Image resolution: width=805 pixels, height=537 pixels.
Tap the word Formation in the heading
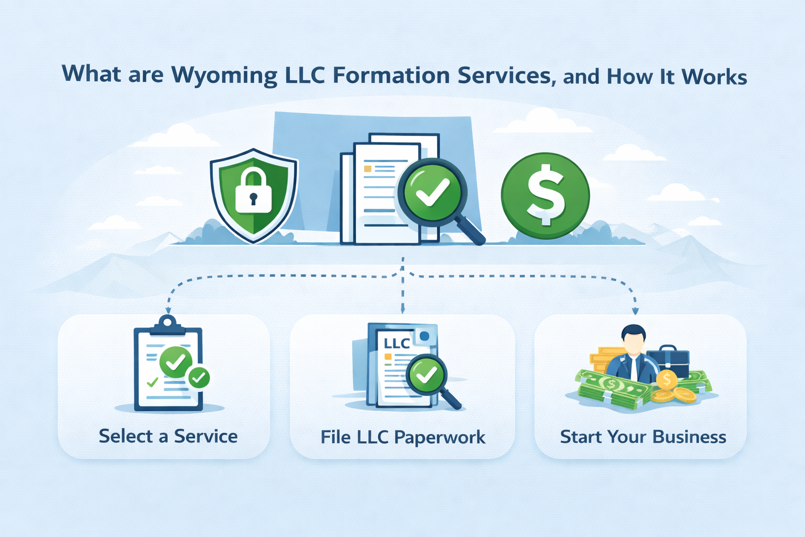coord(391,76)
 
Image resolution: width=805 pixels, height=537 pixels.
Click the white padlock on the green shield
coord(253,191)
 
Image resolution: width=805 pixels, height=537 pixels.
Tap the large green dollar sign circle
coord(545,195)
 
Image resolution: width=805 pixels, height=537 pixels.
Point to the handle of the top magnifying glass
coord(470,231)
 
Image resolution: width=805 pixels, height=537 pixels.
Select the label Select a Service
coord(168,436)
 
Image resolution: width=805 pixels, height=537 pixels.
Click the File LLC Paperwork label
coord(402,437)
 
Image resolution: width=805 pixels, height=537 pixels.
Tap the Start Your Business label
coord(643,437)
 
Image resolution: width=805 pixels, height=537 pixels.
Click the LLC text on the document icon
coord(397,343)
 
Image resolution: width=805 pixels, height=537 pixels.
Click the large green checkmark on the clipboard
coord(176,361)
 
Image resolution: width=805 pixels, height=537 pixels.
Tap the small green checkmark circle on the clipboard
coord(199,377)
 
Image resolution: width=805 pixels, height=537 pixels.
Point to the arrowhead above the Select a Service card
coord(168,310)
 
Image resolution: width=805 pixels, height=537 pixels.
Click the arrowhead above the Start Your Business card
coord(635,311)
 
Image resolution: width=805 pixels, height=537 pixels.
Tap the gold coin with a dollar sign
coord(667,379)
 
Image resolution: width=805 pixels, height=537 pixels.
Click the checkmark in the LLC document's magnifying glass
coord(426,374)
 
